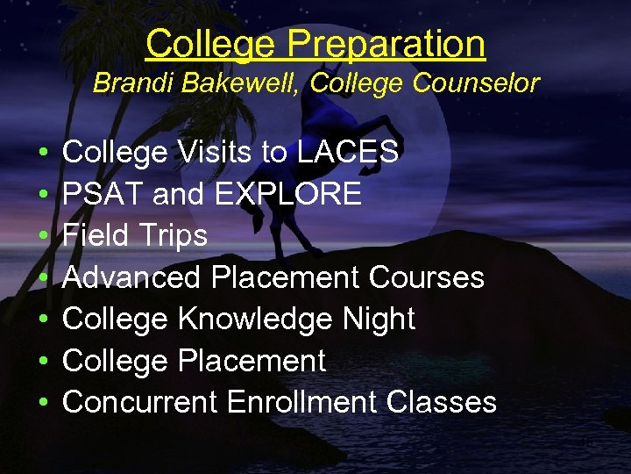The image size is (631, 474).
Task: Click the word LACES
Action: pos(348,152)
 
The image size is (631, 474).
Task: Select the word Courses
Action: pos(427,277)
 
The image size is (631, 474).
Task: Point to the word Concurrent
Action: pos(140,402)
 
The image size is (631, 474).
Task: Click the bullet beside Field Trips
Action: pos(44,236)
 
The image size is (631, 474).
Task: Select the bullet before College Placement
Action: pos(44,361)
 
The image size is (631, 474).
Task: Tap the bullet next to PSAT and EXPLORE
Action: pos(44,194)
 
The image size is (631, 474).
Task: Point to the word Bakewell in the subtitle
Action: pos(235,83)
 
